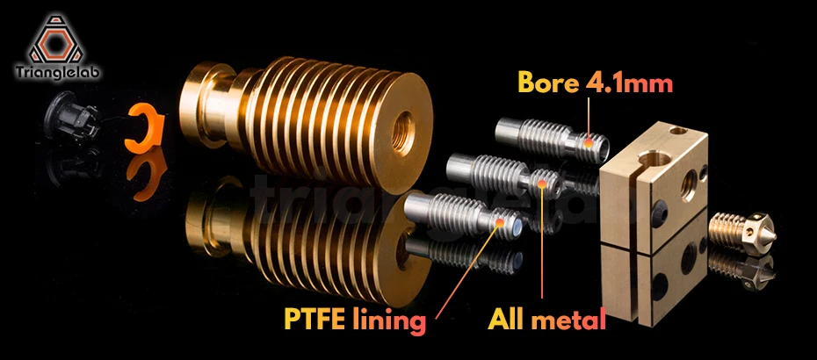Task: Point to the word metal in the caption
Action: point(571,317)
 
